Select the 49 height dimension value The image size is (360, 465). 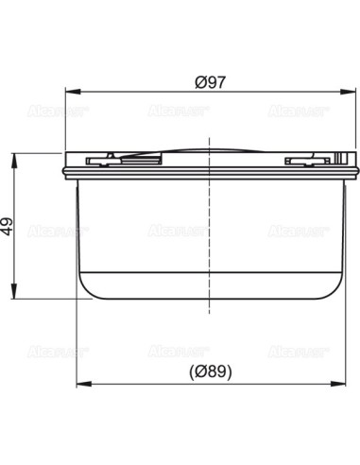(8, 226)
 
